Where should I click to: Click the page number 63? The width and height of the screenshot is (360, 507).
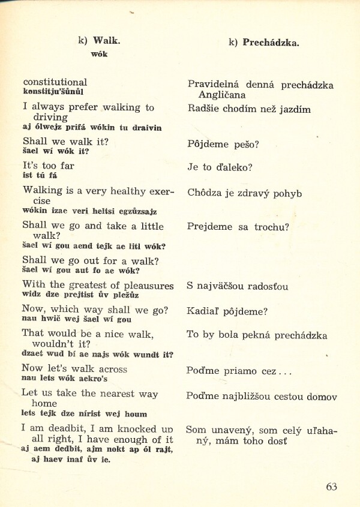[x=331, y=487]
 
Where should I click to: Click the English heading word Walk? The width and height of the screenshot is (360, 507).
[x=106, y=41]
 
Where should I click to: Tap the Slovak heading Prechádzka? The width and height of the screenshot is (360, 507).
[x=271, y=43]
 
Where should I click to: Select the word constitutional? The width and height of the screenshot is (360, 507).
[x=55, y=82]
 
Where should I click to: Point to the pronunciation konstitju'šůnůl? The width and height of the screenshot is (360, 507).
[x=53, y=92]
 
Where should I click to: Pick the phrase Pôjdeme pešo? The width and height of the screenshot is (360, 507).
[x=223, y=145]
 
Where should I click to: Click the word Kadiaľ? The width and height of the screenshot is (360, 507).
[x=202, y=311]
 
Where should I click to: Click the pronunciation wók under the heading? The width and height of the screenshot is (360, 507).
[x=99, y=54]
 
